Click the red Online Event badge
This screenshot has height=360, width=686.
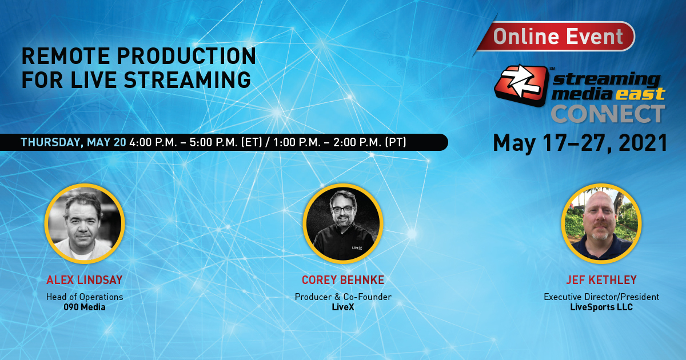pyautogui.click(x=555, y=37)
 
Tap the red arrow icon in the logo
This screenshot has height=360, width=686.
pyautogui.click(x=521, y=85)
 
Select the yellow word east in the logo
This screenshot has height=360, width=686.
pyautogui.click(x=640, y=94)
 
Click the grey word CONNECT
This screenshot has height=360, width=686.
pyautogui.click(x=608, y=114)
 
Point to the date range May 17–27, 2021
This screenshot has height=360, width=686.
pyautogui.click(x=580, y=143)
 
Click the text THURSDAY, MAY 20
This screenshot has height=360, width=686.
pyautogui.click(x=73, y=142)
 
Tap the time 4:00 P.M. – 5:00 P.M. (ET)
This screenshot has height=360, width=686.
pyautogui.click(x=196, y=142)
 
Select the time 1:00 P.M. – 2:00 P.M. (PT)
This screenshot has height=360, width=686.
pyautogui.click(x=340, y=142)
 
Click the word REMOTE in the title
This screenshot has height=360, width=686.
pyautogui.click(x=66, y=56)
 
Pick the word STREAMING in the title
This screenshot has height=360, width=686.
pyautogui.click(x=188, y=80)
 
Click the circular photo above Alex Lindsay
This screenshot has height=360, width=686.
pyautogui.click(x=85, y=223)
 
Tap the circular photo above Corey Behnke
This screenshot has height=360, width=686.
pyautogui.click(x=343, y=223)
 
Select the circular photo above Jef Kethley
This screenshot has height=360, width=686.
pyautogui.click(x=601, y=223)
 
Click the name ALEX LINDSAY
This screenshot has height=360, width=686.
pyautogui.click(x=85, y=280)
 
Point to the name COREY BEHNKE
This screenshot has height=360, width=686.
pyautogui.click(x=343, y=280)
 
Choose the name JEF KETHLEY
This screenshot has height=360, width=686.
pyautogui.click(x=601, y=280)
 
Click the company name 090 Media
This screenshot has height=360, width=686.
pyautogui.click(x=85, y=307)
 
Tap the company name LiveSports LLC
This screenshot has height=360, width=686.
pyautogui.click(x=601, y=307)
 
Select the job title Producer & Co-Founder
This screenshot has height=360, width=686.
pyautogui.click(x=343, y=297)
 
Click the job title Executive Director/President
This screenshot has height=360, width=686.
pyautogui.click(x=601, y=297)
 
